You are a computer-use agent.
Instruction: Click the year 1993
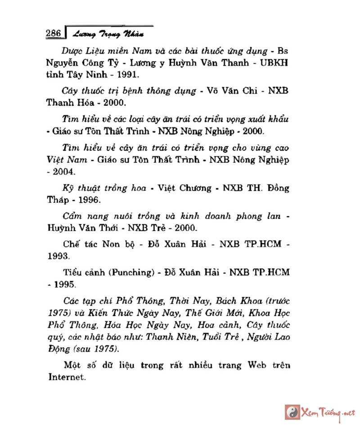(x=59, y=256)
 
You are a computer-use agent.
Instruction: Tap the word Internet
(x=67, y=377)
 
